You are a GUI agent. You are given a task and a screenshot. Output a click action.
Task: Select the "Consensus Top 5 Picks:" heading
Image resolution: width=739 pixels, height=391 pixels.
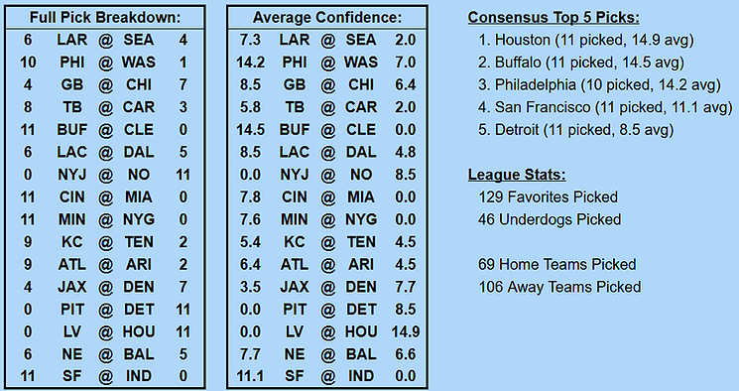553,19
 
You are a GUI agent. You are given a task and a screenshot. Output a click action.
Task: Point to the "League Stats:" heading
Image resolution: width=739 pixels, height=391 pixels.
516,176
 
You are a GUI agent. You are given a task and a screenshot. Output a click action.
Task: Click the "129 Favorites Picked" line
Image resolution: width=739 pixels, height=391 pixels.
548,197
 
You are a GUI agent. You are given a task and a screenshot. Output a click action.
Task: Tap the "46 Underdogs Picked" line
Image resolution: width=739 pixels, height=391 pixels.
550,219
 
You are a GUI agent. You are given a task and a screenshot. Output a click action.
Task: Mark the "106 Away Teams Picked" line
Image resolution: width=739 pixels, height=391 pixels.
559,287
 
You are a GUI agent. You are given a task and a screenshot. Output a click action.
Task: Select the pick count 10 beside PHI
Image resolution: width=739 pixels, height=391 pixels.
27,62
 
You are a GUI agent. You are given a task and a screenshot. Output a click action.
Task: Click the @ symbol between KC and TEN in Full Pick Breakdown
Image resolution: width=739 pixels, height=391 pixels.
106,242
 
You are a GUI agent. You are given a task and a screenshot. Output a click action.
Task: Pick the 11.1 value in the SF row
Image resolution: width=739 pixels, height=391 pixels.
251,377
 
